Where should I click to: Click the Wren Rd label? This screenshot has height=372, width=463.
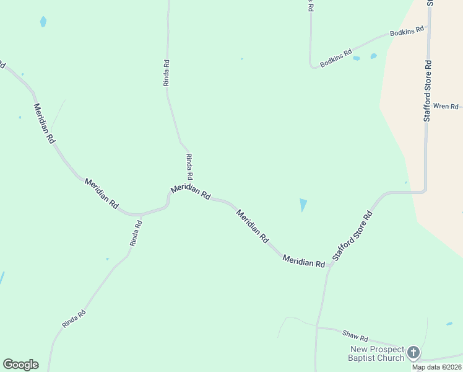pos(446,106)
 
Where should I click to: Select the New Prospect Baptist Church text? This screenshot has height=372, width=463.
pos(376,353)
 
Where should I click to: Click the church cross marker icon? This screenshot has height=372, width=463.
pos(413,353)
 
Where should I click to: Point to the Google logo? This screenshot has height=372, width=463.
pos(20,364)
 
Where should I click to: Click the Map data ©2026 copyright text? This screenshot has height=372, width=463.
pos(437,367)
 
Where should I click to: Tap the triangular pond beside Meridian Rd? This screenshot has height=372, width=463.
pos(303,205)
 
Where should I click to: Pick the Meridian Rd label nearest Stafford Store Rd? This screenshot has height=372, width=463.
pos(303,261)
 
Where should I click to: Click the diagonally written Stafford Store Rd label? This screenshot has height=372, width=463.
pos(352,236)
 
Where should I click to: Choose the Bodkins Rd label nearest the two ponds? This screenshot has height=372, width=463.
pos(336,58)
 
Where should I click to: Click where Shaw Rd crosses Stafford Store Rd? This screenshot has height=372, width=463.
pos(317,326)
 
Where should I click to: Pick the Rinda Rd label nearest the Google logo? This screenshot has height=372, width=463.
pos(73,319)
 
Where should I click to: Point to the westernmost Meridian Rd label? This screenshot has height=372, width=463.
pos(44,123)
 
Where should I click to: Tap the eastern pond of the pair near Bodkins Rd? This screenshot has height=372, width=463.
pos(373,56)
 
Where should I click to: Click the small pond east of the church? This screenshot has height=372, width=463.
pos(449,324)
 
